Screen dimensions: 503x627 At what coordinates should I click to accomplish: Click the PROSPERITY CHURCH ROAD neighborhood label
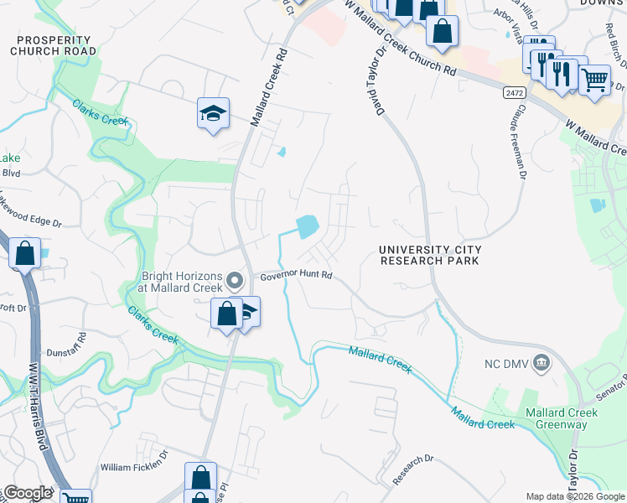54,45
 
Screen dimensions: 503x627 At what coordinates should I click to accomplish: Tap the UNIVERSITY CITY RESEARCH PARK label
429,255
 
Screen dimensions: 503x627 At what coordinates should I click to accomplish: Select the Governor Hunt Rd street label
296,275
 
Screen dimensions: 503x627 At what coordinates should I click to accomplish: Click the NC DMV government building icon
541,363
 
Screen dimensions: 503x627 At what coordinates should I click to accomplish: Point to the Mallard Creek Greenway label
562,418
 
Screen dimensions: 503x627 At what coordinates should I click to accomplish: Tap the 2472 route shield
515,91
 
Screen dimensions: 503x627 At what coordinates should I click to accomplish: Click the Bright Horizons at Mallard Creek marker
236,280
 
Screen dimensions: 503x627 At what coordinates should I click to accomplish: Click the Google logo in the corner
27,493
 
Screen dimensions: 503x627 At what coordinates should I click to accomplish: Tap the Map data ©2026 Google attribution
575,496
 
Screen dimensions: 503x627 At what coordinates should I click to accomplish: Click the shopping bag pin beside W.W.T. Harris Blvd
25,252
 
